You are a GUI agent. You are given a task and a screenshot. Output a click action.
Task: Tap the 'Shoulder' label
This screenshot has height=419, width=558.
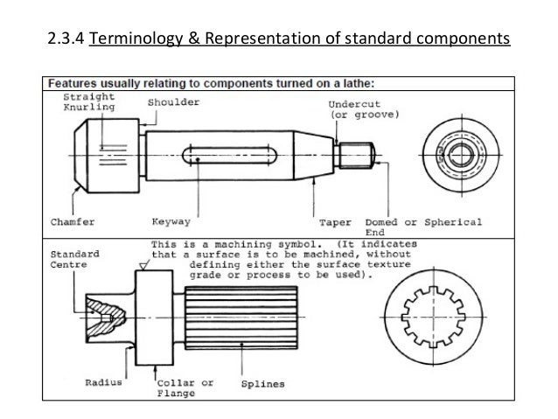pyautogui.click(x=172, y=102)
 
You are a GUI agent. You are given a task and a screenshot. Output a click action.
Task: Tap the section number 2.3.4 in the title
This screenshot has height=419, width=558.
pyautogui.click(x=66, y=39)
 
